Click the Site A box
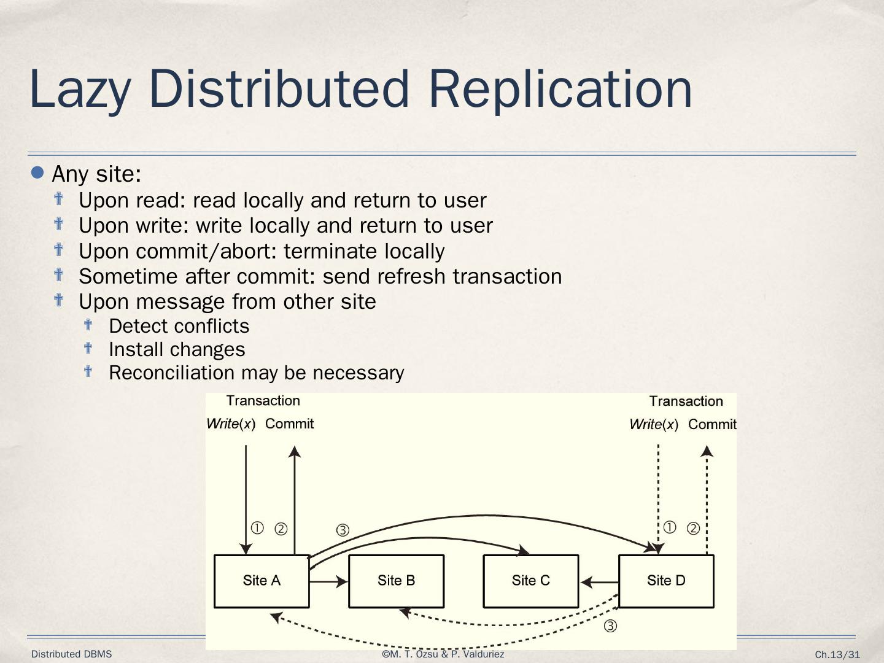pyautogui.click(x=262, y=581)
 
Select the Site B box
pyautogui.click(x=396, y=581)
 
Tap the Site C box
pyautogui.click(x=531, y=581)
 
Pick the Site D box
pyautogui.click(x=666, y=581)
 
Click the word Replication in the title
pyautogui.click(x=560, y=88)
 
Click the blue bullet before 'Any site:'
pyautogui.click(x=38, y=173)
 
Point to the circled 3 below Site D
pyautogui.click(x=610, y=626)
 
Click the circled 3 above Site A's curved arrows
pyautogui.click(x=343, y=530)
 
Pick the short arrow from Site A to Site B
pyautogui.click(x=328, y=581)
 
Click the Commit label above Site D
pyautogui.click(x=712, y=424)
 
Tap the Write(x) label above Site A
pyautogui.click(x=231, y=424)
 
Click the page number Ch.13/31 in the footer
pyautogui.click(x=837, y=655)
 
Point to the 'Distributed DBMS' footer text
pyautogui.click(x=72, y=654)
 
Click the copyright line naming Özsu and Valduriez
pyautogui.click(x=443, y=654)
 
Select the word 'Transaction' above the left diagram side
pyautogui.click(x=263, y=401)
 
